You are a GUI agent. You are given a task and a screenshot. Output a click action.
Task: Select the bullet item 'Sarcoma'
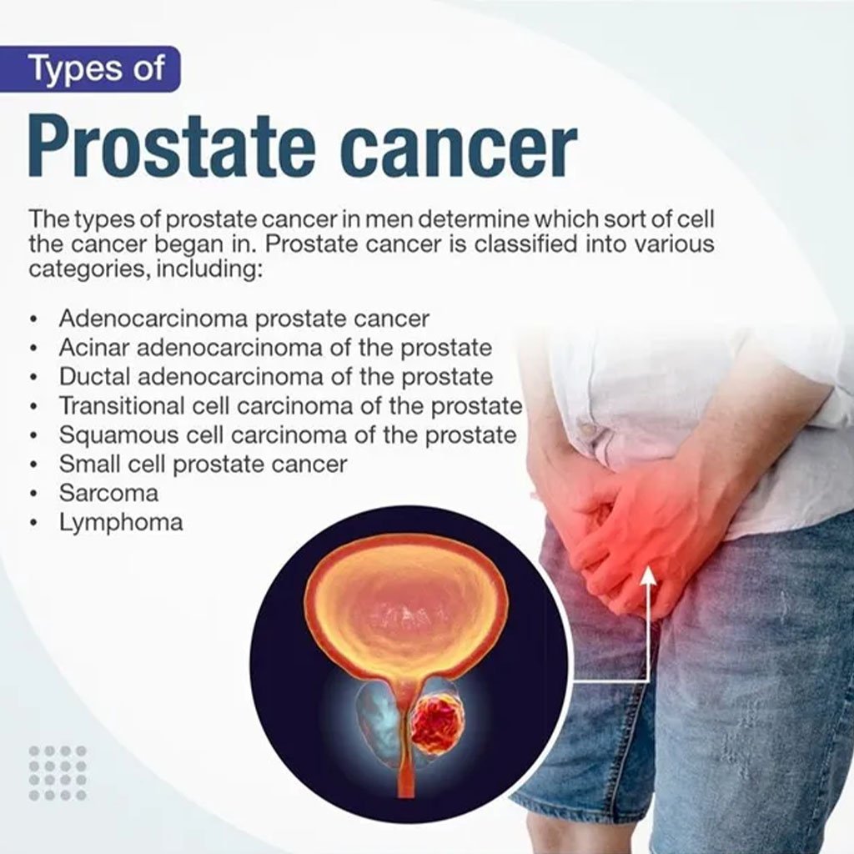(x=109, y=494)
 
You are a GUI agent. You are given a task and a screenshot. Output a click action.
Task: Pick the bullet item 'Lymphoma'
(x=121, y=523)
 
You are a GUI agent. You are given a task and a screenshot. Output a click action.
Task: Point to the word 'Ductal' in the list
(x=93, y=376)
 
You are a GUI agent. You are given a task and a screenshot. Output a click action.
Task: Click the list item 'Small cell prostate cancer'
(x=203, y=464)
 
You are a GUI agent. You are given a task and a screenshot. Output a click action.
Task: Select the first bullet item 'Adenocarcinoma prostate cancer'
(x=244, y=319)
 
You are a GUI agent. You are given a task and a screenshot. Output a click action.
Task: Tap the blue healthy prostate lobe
(x=378, y=719)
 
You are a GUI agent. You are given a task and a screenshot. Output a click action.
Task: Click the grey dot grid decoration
(x=58, y=773)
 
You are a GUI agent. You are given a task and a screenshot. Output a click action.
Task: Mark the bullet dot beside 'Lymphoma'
(x=35, y=524)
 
